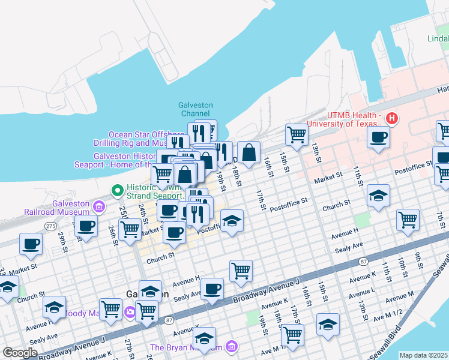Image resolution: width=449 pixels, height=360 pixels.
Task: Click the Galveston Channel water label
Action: click(x=196, y=109)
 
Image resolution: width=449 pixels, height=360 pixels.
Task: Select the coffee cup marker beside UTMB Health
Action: click(x=379, y=137)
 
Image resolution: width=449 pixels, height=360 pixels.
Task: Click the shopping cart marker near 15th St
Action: click(x=296, y=134)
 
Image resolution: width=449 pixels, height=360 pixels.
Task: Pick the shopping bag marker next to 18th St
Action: click(x=249, y=152)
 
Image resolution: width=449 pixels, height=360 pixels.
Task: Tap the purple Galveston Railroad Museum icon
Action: click(x=99, y=207)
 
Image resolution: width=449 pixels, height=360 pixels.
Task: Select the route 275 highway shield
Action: click(x=50, y=225)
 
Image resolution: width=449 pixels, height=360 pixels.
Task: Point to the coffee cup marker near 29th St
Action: click(x=31, y=243)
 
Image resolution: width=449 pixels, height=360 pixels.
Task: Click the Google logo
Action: click(x=19, y=352)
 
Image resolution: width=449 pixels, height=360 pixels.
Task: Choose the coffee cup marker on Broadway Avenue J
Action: click(x=212, y=288)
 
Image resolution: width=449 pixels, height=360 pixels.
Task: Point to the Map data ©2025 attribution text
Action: click(x=424, y=355)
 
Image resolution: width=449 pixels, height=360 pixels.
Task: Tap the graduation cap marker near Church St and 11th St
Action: click(x=378, y=196)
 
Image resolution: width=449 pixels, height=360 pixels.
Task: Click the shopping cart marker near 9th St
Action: click(x=408, y=219)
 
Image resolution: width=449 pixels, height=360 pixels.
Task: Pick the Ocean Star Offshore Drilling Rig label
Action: click(x=146, y=139)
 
